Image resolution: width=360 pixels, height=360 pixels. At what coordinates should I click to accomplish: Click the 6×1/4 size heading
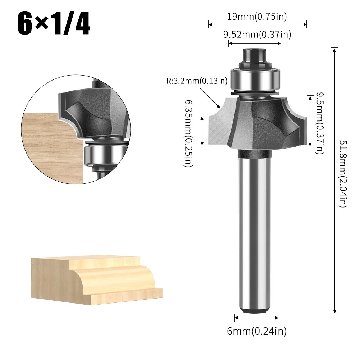tap(54, 24)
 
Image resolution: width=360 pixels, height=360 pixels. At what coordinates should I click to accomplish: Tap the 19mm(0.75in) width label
tap(257, 16)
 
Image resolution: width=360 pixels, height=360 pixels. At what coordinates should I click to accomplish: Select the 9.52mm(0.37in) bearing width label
tap(257, 35)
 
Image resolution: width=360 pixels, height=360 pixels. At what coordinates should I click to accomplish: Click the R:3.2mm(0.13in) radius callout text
tap(196, 81)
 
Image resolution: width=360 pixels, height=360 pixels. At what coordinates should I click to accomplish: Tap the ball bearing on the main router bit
tap(255, 78)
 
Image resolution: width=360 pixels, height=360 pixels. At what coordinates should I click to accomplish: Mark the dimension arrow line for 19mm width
tap(257, 24)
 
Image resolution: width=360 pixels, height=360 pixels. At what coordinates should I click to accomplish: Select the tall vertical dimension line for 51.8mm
tap(334, 180)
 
